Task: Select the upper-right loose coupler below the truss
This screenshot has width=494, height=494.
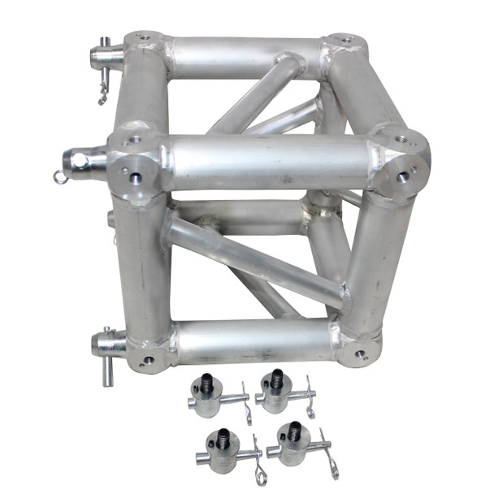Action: (x=276, y=392)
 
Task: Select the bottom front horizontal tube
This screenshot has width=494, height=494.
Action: (x=252, y=341)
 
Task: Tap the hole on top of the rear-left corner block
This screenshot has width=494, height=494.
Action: (x=143, y=37)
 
